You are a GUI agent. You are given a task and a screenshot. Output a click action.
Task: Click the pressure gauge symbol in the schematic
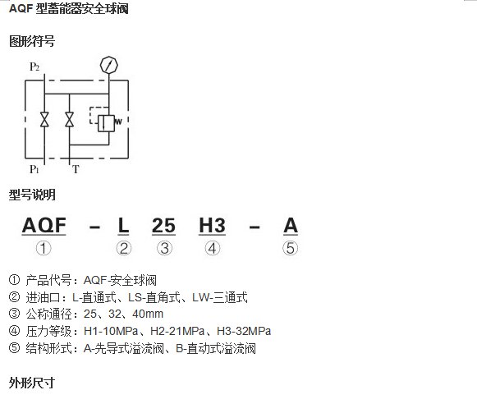pyautogui.click(x=108, y=65)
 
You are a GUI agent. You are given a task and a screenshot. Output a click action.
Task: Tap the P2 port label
pyautogui.click(x=34, y=67)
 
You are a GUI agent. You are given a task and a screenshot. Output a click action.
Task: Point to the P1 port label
pyautogui.click(x=34, y=169)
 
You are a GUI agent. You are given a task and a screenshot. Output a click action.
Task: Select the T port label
pyautogui.click(x=76, y=169)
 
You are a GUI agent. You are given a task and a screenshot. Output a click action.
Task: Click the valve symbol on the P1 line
pyautogui.click(x=44, y=119)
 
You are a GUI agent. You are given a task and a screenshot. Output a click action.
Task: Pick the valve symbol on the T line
pyautogui.click(x=69, y=119)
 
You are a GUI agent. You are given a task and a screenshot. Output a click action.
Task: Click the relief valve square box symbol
pyautogui.click(x=106, y=123)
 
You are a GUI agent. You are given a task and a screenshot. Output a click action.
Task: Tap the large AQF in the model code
pyautogui.click(x=44, y=226)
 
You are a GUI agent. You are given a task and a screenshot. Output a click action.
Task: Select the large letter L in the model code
pyautogui.click(x=123, y=226)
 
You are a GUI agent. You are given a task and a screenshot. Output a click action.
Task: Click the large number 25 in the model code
pyautogui.click(x=163, y=226)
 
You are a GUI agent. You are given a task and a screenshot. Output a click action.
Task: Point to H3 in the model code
pyautogui.click(x=212, y=226)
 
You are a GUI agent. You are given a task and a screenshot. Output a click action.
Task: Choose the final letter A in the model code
pyautogui.click(x=291, y=226)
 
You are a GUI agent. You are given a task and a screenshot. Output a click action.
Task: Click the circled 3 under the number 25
pyautogui.click(x=164, y=248)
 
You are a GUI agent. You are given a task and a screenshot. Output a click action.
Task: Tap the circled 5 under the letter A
pyautogui.click(x=290, y=248)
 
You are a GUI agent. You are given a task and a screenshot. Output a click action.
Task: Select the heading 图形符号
pyautogui.click(x=32, y=41)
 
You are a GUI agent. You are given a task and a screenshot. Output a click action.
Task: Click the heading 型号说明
pyautogui.click(x=32, y=195)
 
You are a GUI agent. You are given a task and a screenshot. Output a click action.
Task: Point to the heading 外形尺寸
pyautogui.click(x=32, y=383)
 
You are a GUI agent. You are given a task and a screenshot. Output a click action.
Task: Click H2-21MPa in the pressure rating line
pyautogui.click(x=177, y=331)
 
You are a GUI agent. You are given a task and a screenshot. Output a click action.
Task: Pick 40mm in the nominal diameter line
pyautogui.click(x=148, y=314)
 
